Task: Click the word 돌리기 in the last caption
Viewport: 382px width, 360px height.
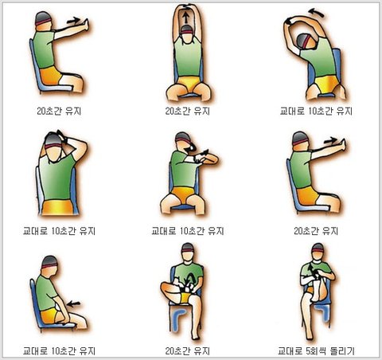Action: (x=342, y=351)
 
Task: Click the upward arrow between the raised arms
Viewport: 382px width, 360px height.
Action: (x=186, y=18)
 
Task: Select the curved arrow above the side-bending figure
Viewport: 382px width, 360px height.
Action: (x=316, y=13)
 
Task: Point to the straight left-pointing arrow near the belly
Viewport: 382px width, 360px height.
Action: (x=73, y=303)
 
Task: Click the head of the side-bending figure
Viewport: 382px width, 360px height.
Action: (x=307, y=41)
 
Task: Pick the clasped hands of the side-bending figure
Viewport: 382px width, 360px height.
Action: (x=288, y=21)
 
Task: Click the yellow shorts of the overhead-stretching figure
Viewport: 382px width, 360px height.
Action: (x=188, y=84)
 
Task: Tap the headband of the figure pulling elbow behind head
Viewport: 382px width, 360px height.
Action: (x=53, y=146)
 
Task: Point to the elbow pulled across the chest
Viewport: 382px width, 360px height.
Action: (x=212, y=159)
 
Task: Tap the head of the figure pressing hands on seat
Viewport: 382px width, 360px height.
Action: (x=50, y=266)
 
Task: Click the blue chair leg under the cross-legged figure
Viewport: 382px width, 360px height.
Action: (x=177, y=319)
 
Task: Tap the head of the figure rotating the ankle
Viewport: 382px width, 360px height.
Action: (x=318, y=252)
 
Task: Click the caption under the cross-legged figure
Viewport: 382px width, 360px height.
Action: (x=188, y=351)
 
